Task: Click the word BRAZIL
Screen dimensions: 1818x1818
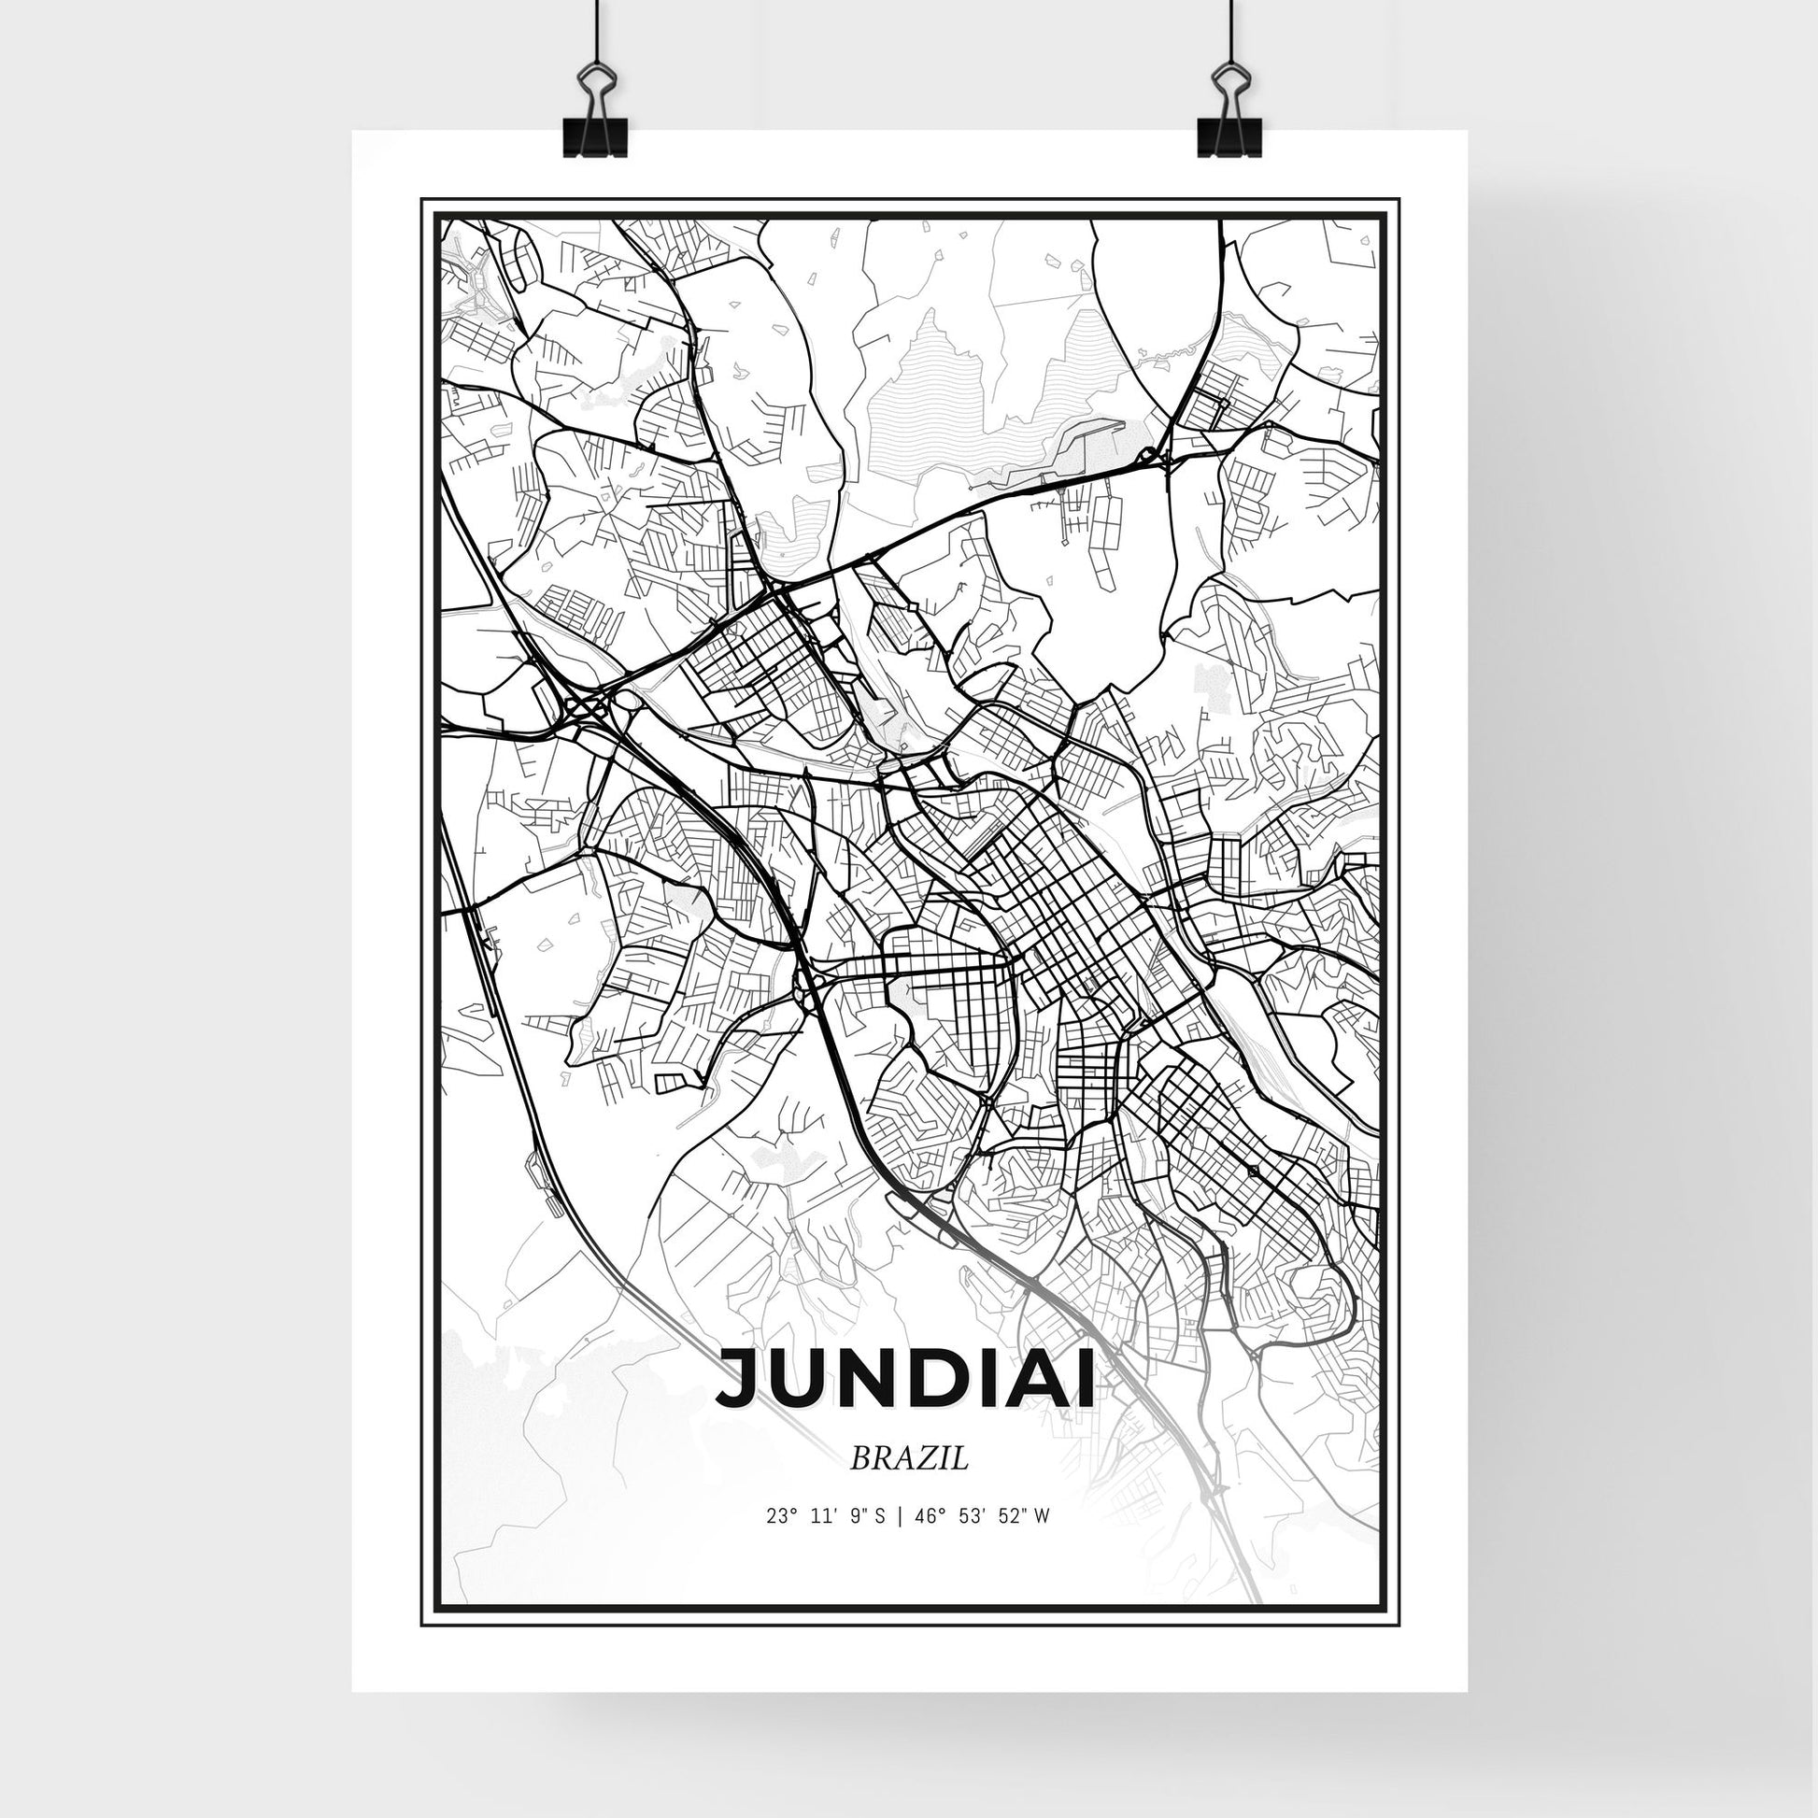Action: pyautogui.click(x=909, y=1485)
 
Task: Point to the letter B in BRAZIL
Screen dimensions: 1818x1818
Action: pyautogui.click(x=859, y=1485)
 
